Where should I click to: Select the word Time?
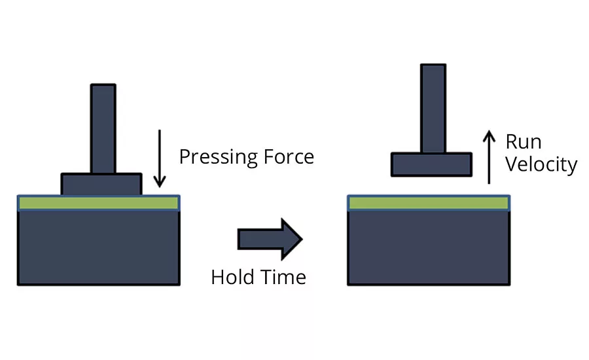click(283, 277)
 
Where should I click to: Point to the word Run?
click(524, 142)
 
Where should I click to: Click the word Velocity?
click(541, 165)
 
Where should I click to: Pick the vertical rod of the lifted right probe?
click(433, 109)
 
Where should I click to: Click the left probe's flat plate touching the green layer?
click(101, 184)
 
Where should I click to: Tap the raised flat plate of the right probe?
click(431, 164)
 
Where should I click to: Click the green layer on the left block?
click(98, 203)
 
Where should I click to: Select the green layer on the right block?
click(429, 203)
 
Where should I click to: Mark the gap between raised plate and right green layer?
click(431, 186)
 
